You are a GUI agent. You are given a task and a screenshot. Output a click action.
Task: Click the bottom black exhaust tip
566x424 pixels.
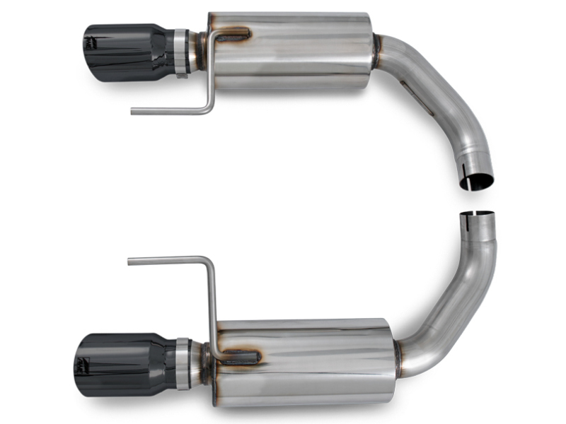(x=120, y=360)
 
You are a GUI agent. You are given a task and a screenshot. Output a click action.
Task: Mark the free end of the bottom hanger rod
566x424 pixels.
(x=131, y=261)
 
